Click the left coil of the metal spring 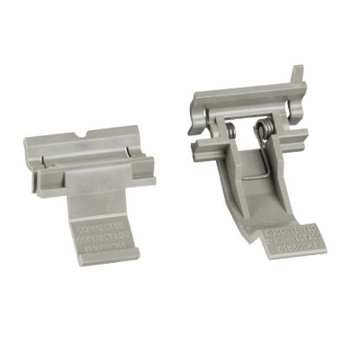tap(234, 132)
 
